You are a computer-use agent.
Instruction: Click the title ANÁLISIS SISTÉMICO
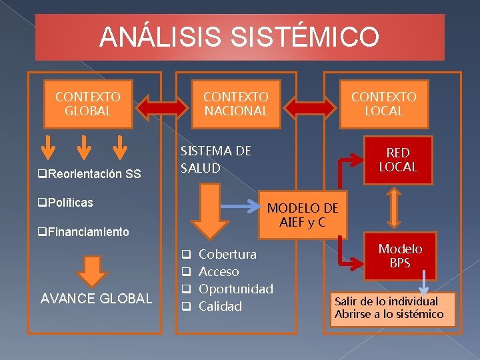(x=239, y=37)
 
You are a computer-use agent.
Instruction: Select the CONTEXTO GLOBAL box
(x=87, y=104)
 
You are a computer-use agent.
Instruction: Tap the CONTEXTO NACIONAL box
(x=236, y=104)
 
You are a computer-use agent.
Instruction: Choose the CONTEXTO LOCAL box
(x=384, y=104)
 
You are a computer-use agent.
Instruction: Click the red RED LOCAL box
(x=398, y=160)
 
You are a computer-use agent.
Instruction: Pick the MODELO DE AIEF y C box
(x=303, y=215)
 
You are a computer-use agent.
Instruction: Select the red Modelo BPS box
(x=400, y=256)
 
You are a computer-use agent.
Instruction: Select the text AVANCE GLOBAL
(x=97, y=299)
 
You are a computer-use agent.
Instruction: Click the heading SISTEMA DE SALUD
(x=216, y=159)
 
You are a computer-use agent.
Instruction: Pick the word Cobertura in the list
(x=227, y=254)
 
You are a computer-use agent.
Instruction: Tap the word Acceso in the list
(x=219, y=271)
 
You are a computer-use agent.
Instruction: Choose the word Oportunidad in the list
(x=236, y=289)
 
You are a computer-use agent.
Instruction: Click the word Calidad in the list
(x=220, y=306)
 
